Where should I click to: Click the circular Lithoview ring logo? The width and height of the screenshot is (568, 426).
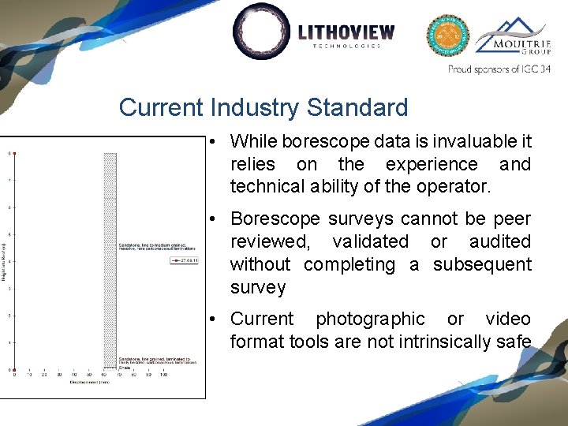(x=262, y=32)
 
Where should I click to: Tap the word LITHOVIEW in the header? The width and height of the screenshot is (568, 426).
(x=346, y=32)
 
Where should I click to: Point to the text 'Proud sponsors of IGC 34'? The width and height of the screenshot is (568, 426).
(x=499, y=69)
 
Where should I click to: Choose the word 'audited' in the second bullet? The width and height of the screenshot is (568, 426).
(x=500, y=241)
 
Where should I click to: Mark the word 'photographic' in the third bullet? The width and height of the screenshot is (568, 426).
(x=370, y=319)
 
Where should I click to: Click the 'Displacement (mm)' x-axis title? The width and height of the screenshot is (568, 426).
(x=88, y=381)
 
